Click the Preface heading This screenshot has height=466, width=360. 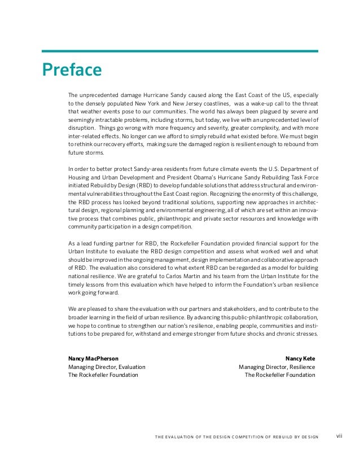[72, 71]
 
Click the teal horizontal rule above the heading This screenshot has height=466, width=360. [180, 51]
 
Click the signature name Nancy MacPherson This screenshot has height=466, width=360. [93, 358]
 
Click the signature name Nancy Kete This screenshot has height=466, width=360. [300, 358]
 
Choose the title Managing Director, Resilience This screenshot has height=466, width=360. [276, 367]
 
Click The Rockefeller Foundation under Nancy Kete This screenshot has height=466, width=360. [280, 375]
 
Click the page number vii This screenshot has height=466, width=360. [340, 436]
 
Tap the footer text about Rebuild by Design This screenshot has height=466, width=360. [235, 437]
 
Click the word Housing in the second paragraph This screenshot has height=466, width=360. [80, 176]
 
